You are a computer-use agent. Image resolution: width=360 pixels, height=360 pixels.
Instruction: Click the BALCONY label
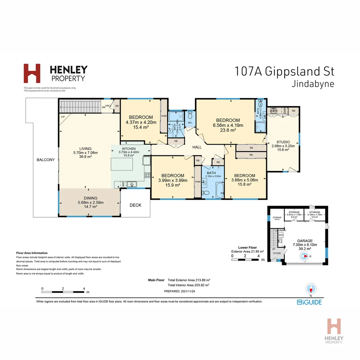(46, 160)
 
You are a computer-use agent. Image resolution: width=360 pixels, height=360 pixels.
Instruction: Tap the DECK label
(135, 205)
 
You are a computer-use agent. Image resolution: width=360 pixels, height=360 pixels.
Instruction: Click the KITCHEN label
(129, 148)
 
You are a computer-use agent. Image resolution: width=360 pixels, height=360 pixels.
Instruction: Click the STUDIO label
(283, 142)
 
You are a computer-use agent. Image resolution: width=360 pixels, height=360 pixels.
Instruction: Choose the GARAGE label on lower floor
(305, 241)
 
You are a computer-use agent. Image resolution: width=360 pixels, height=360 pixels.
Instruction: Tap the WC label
(190, 123)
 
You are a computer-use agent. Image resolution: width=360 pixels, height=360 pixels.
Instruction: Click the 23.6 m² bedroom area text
(228, 130)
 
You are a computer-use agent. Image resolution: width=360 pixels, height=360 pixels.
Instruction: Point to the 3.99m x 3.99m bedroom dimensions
(173, 180)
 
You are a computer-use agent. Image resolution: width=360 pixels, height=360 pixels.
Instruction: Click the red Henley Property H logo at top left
(32, 73)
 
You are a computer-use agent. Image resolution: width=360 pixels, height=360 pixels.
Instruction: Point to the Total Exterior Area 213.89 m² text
(189, 280)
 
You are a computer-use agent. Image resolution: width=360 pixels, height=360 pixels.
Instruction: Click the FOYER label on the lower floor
(277, 253)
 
